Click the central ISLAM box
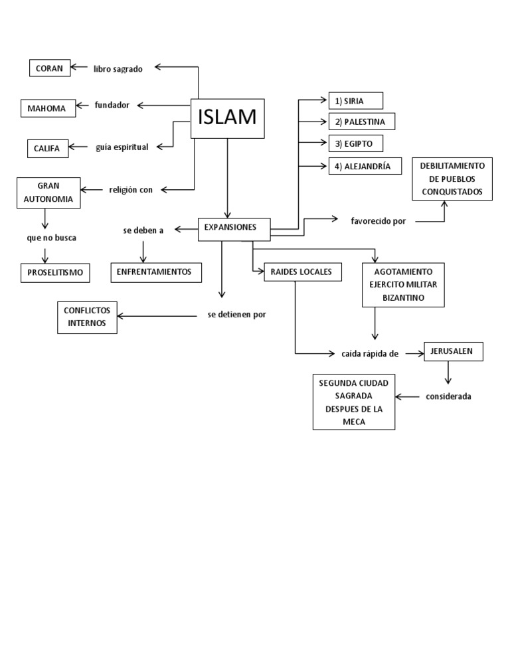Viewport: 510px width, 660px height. tap(227, 118)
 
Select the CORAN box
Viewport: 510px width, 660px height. tap(50, 68)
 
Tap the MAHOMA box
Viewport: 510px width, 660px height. tap(47, 108)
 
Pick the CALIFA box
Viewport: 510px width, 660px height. tap(47, 148)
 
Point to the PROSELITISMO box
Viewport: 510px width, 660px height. tap(55, 272)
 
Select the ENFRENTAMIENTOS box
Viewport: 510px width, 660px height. tap(155, 272)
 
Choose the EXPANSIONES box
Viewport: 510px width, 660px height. tap(234, 228)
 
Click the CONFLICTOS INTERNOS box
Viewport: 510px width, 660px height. tap(87, 317)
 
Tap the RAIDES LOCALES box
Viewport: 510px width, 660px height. tap(302, 272)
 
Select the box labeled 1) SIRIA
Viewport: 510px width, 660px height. tap(355, 101)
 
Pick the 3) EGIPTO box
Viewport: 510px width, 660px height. tap(355, 143)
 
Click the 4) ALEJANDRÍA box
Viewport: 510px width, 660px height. tap(365, 166)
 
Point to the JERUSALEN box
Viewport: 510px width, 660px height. tap(453, 352)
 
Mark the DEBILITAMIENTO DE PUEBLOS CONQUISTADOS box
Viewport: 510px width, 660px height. tap(452, 179)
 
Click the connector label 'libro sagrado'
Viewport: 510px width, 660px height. tap(118, 68)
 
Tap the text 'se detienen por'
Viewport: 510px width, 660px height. tap(236, 315)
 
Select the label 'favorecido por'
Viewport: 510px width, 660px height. tap(378, 221)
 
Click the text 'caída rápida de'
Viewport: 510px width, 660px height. tap(370, 354)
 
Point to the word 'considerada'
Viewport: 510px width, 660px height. tap(449, 396)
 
